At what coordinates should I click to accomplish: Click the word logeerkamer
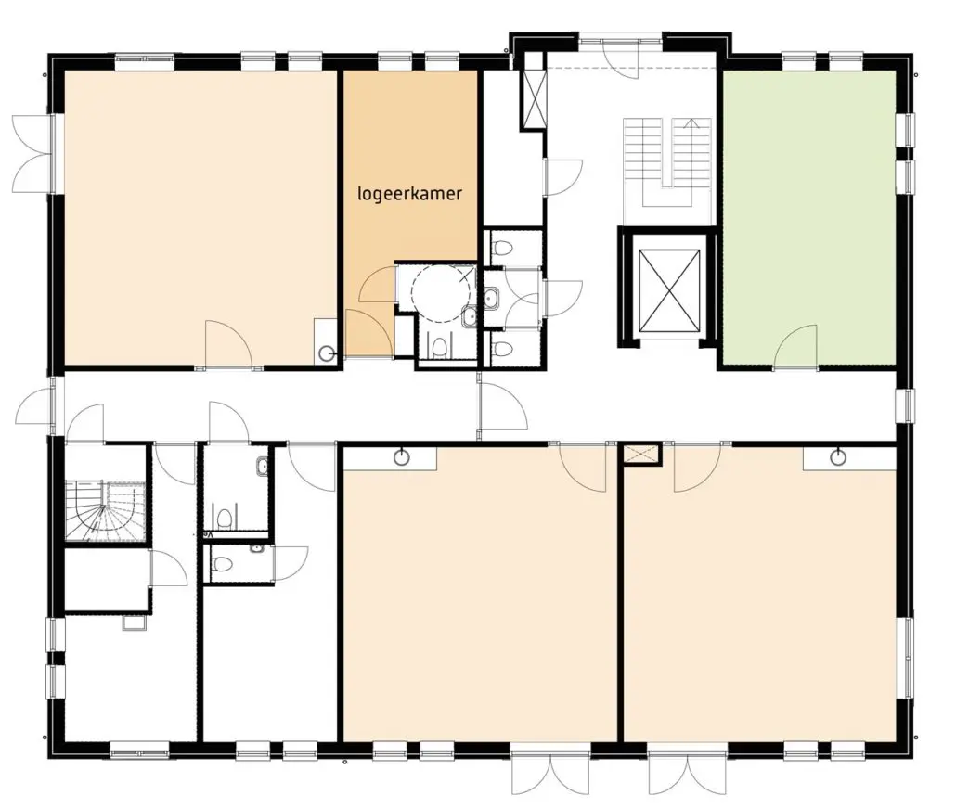click(x=409, y=195)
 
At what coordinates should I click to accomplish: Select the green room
click(x=809, y=217)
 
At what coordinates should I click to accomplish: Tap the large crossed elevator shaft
click(x=669, y=290)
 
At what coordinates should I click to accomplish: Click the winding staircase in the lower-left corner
click(x=105, y=510)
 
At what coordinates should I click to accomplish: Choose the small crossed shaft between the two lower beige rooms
click(x=640, y=455)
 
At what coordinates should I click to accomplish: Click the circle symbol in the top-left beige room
click(x=328, y=352)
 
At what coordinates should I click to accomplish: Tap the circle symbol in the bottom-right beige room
click(x=839, y=456)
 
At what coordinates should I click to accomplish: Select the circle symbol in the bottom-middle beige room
click(x=401, y=456)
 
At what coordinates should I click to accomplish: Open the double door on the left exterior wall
click(x=34, y=153)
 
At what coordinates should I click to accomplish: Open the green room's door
click(x=795, y=347)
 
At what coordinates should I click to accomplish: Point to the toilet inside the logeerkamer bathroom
click(x=438, y=347)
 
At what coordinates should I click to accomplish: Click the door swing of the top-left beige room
click(x=228, y=344)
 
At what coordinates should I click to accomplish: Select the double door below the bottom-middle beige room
click(x=550, y=771)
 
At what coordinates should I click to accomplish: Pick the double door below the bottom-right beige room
click(x=687, y=771)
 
